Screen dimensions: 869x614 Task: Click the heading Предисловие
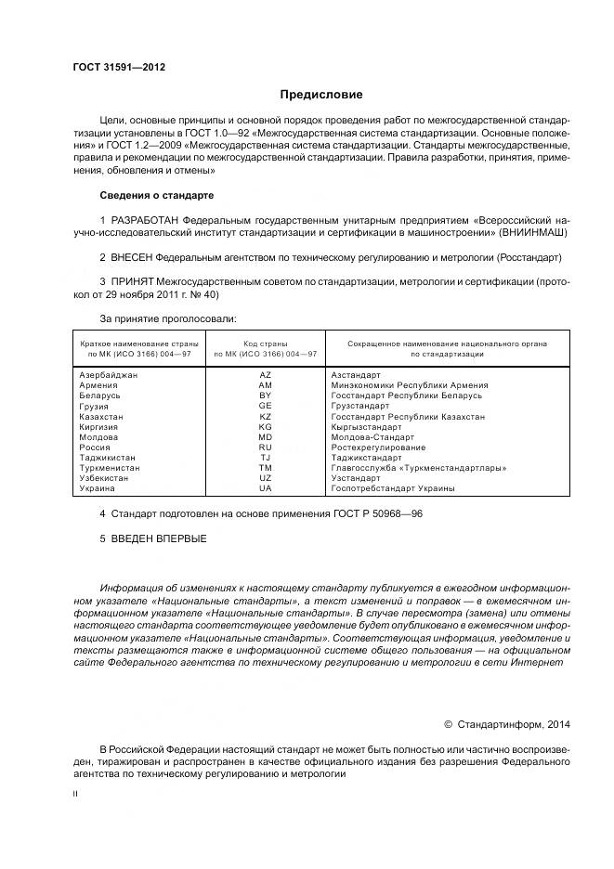(x=322, y=95)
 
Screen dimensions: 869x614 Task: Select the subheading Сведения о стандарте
(x=156, y=196)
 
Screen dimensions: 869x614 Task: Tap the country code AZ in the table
(x=266, y=374)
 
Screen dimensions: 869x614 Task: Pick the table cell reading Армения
(x=99, y=384)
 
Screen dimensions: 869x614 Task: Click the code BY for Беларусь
(x=266, y=396)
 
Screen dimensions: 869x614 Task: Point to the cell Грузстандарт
(x=360, y=406)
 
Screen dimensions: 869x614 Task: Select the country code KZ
(x=266, y=417)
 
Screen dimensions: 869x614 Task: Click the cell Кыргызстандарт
(x=366, y=427)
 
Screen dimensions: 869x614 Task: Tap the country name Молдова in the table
(x=99, y=436)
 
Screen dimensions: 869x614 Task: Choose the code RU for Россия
(x=266, y=447)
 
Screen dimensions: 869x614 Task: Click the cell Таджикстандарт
(x=369, y=458)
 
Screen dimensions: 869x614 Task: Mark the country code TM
(x=266, y=468)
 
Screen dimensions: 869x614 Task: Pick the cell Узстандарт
(x=356, y=478)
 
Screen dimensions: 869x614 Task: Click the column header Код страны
(x=266, y=344)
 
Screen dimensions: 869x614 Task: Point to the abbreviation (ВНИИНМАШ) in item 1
(x=532, y=231)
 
